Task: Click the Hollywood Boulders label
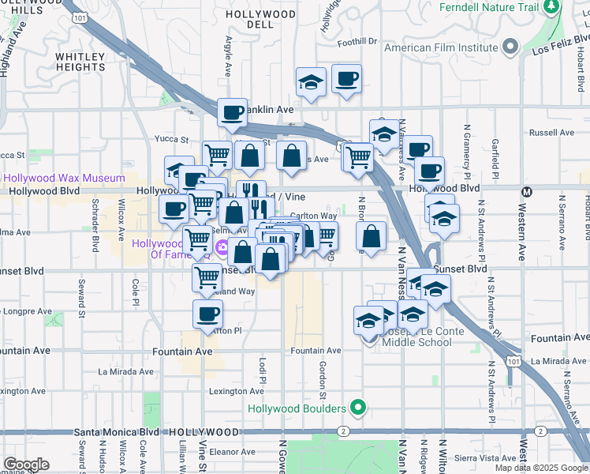point(297,408)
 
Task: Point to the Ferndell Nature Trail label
point(491,7)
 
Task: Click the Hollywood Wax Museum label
point(62,178)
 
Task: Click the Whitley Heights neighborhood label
point(80,62)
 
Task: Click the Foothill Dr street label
point(357,41)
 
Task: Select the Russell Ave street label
point(547,133)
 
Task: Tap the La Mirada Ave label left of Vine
point(125,371)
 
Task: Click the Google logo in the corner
point(26,464)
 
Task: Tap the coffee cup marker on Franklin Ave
point(232,113)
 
